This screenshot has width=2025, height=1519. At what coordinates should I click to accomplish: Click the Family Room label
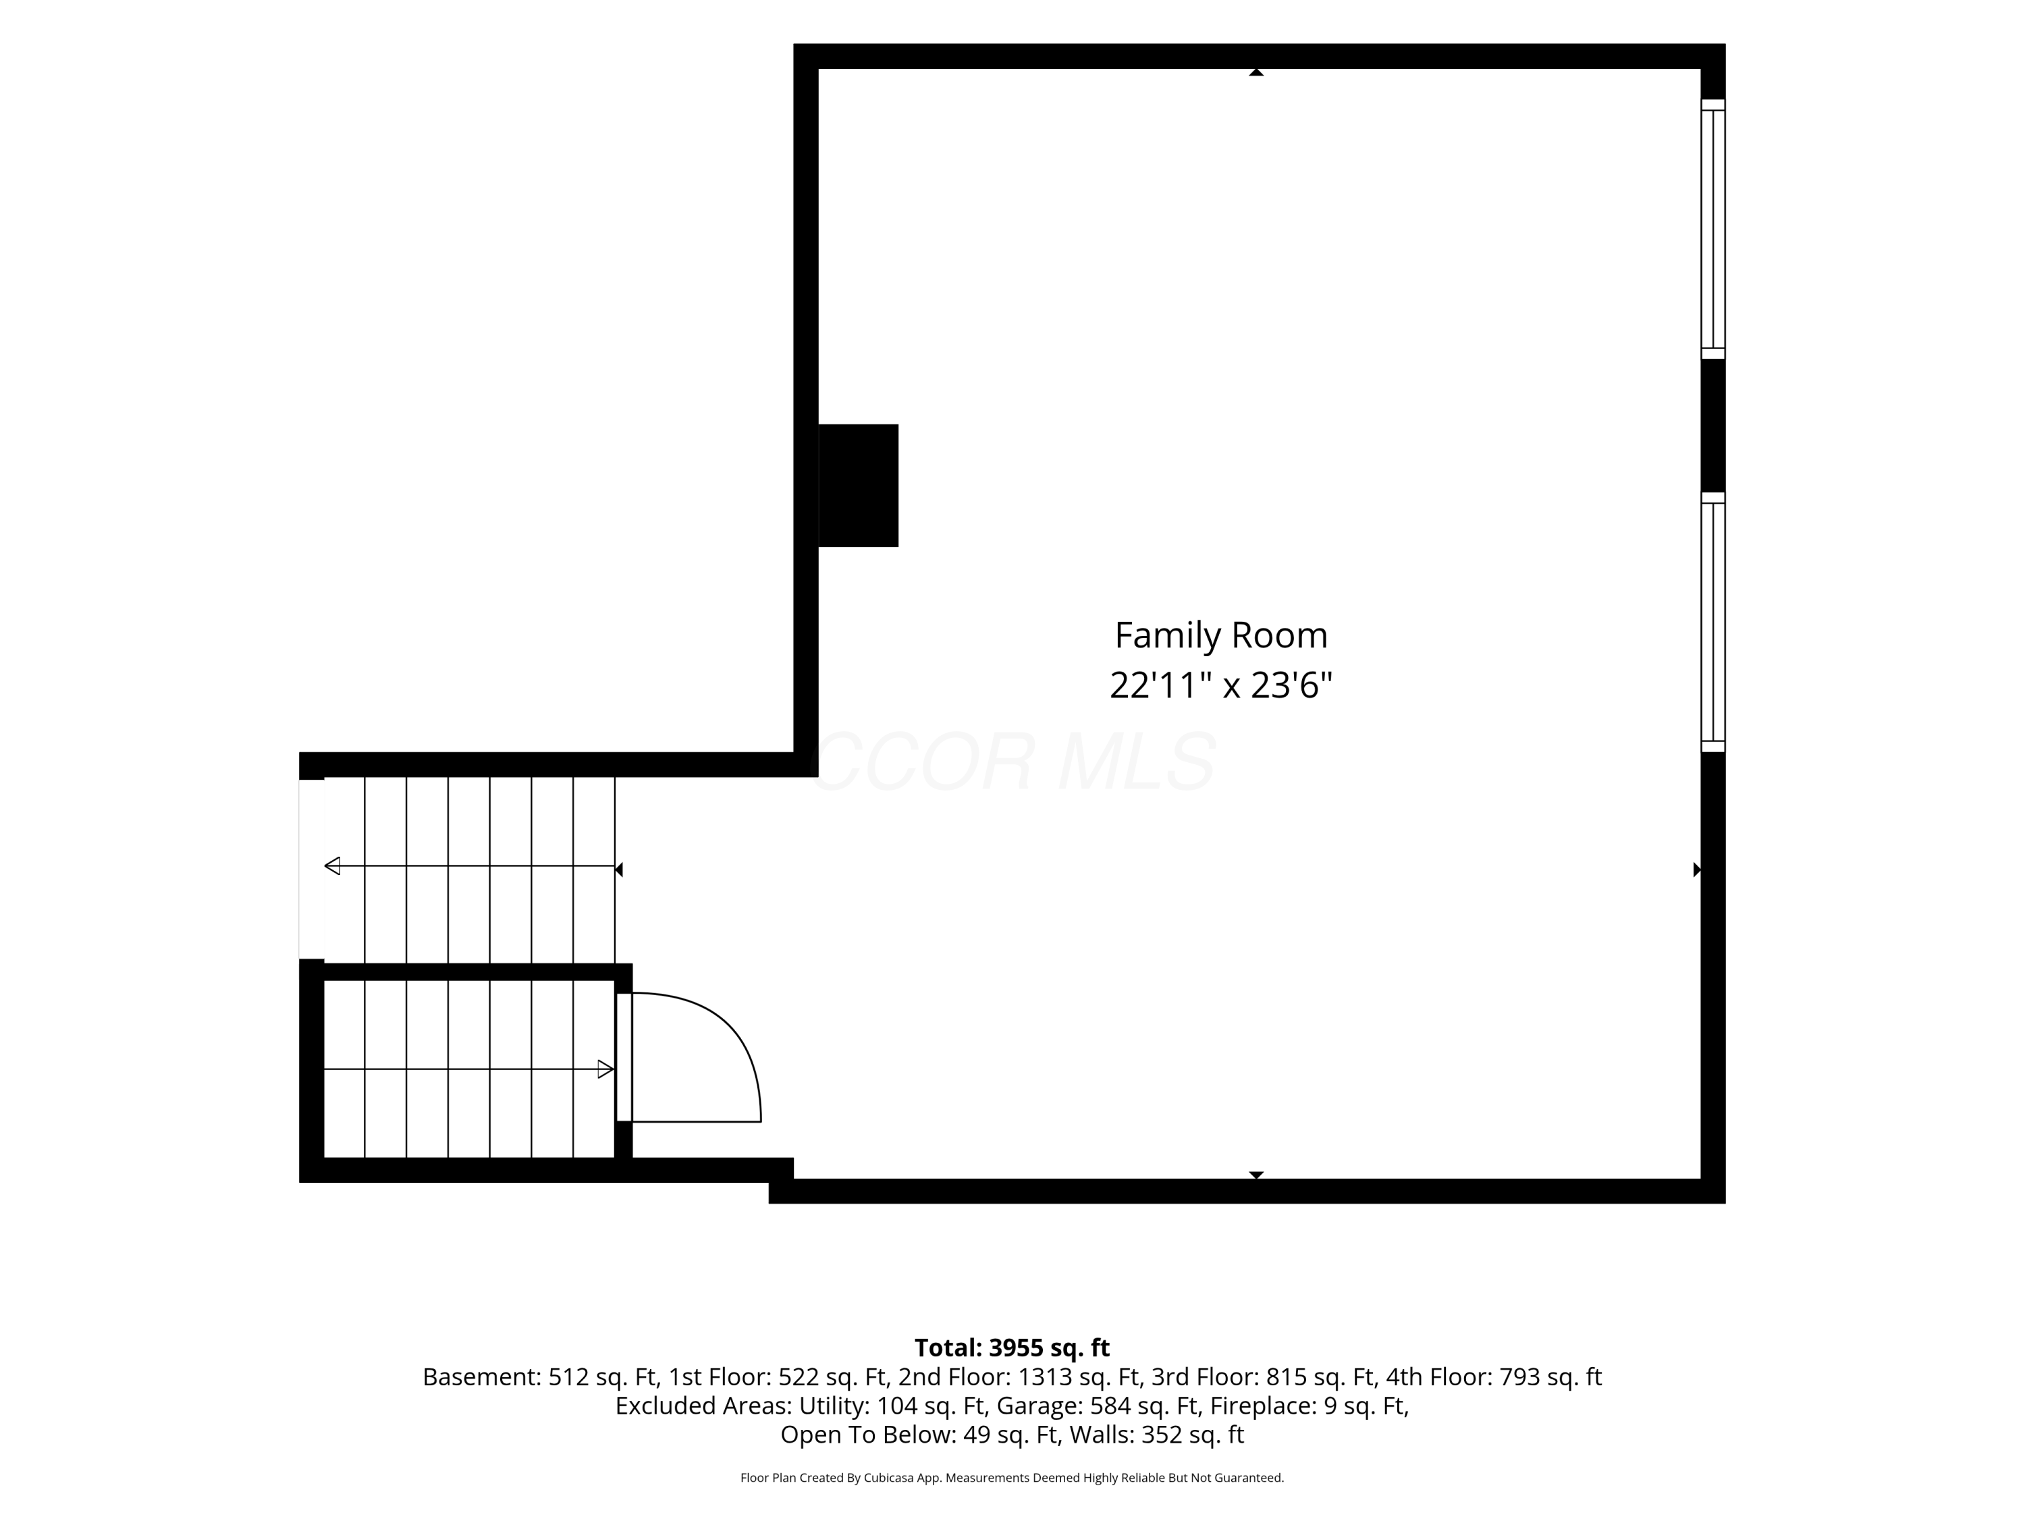(1220, 635)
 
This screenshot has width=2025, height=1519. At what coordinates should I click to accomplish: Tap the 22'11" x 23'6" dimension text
(1220, 685)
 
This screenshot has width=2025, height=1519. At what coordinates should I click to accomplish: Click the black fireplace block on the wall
(858, 485)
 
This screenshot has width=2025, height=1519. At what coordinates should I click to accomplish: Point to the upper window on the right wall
(1713, 229)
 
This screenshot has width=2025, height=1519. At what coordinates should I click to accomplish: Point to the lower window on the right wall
(1713, 622)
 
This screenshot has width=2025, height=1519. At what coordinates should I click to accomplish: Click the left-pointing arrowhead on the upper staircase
(332, 866)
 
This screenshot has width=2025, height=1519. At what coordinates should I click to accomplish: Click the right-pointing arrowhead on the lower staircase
(605, 1069)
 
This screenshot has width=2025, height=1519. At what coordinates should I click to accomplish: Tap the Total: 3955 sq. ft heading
(1012, 1348)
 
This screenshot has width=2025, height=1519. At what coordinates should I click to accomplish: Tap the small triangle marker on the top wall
(1256, 72)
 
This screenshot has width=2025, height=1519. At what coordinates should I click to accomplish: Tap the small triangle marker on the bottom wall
(1256, 1175)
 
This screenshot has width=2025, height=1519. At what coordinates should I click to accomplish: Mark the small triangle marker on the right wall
(1696, 870)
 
